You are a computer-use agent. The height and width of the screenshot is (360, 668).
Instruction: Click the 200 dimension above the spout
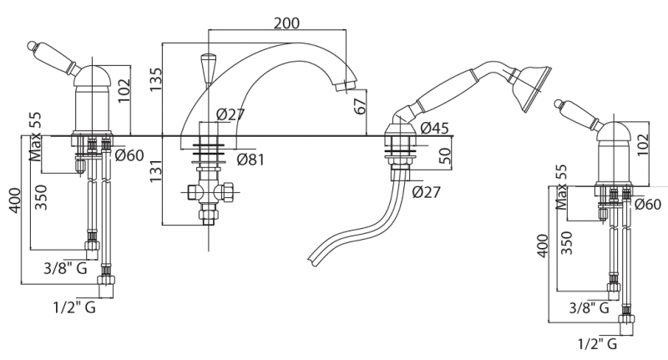pos(286,23)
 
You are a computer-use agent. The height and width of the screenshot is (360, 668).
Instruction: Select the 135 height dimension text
pos(156,79)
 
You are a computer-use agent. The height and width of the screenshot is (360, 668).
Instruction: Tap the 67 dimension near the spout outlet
pos(361,106)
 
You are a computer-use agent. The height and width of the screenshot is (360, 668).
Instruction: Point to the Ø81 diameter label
pos(250,160)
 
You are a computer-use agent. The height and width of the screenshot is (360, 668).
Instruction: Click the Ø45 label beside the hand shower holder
pos(434,128)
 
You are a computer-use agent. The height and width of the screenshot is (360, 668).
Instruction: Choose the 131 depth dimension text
pos(156,171)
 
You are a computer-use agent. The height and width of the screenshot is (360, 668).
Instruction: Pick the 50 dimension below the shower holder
pos(444,156)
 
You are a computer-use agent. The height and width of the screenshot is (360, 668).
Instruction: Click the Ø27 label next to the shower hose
pos(426,192)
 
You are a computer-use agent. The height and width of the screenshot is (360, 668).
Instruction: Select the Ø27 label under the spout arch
pos(230,114)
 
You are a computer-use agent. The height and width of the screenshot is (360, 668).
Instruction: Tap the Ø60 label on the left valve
pos(129,155)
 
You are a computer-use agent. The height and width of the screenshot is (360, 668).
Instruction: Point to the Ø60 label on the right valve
pos(648,205)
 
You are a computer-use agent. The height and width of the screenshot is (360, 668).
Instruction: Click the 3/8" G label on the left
pos(65,268)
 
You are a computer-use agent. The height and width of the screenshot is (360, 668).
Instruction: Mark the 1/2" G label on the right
pos(598,343)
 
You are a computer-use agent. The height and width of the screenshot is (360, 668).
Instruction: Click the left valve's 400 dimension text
pos(15,200)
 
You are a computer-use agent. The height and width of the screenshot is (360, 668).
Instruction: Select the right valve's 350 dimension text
pos(566,243)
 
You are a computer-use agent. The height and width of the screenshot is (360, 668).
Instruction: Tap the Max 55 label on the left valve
pos(35,137)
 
